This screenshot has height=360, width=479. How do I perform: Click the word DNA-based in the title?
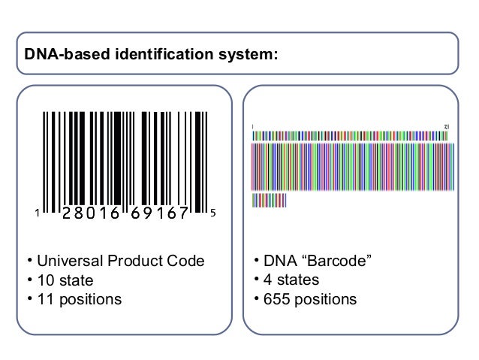[x=61, y=54]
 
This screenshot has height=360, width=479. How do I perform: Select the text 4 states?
[x=291, y=281]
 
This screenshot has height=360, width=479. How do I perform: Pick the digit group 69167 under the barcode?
[x=161, y=213]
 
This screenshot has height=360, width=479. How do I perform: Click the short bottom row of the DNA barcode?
[x=270, y=201]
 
